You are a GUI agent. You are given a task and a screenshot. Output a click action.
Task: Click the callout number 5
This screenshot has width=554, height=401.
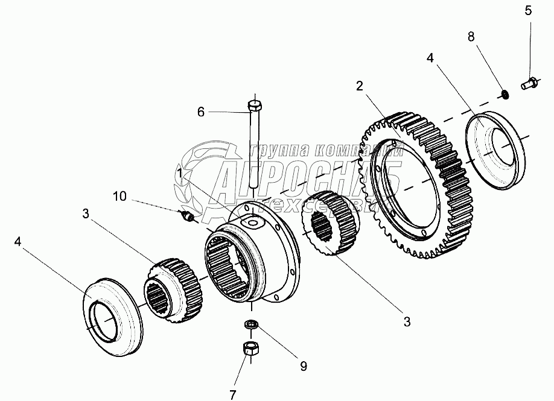coord(528,10)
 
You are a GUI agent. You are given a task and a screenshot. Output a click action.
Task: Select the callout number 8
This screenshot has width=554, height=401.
coord(472,37)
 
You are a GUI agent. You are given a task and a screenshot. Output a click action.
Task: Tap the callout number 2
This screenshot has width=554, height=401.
coord(359,86)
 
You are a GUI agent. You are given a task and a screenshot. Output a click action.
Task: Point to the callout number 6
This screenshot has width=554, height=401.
coord(201,112)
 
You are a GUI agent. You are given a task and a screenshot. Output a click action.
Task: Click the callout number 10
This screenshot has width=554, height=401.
coord(119,196)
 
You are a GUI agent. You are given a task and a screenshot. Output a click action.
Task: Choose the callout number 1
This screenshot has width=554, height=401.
coord(180,174)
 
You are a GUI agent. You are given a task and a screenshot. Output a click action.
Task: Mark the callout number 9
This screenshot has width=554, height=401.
coord(303,366)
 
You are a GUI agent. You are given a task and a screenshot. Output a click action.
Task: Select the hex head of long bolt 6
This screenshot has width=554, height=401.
coord(254,107)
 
